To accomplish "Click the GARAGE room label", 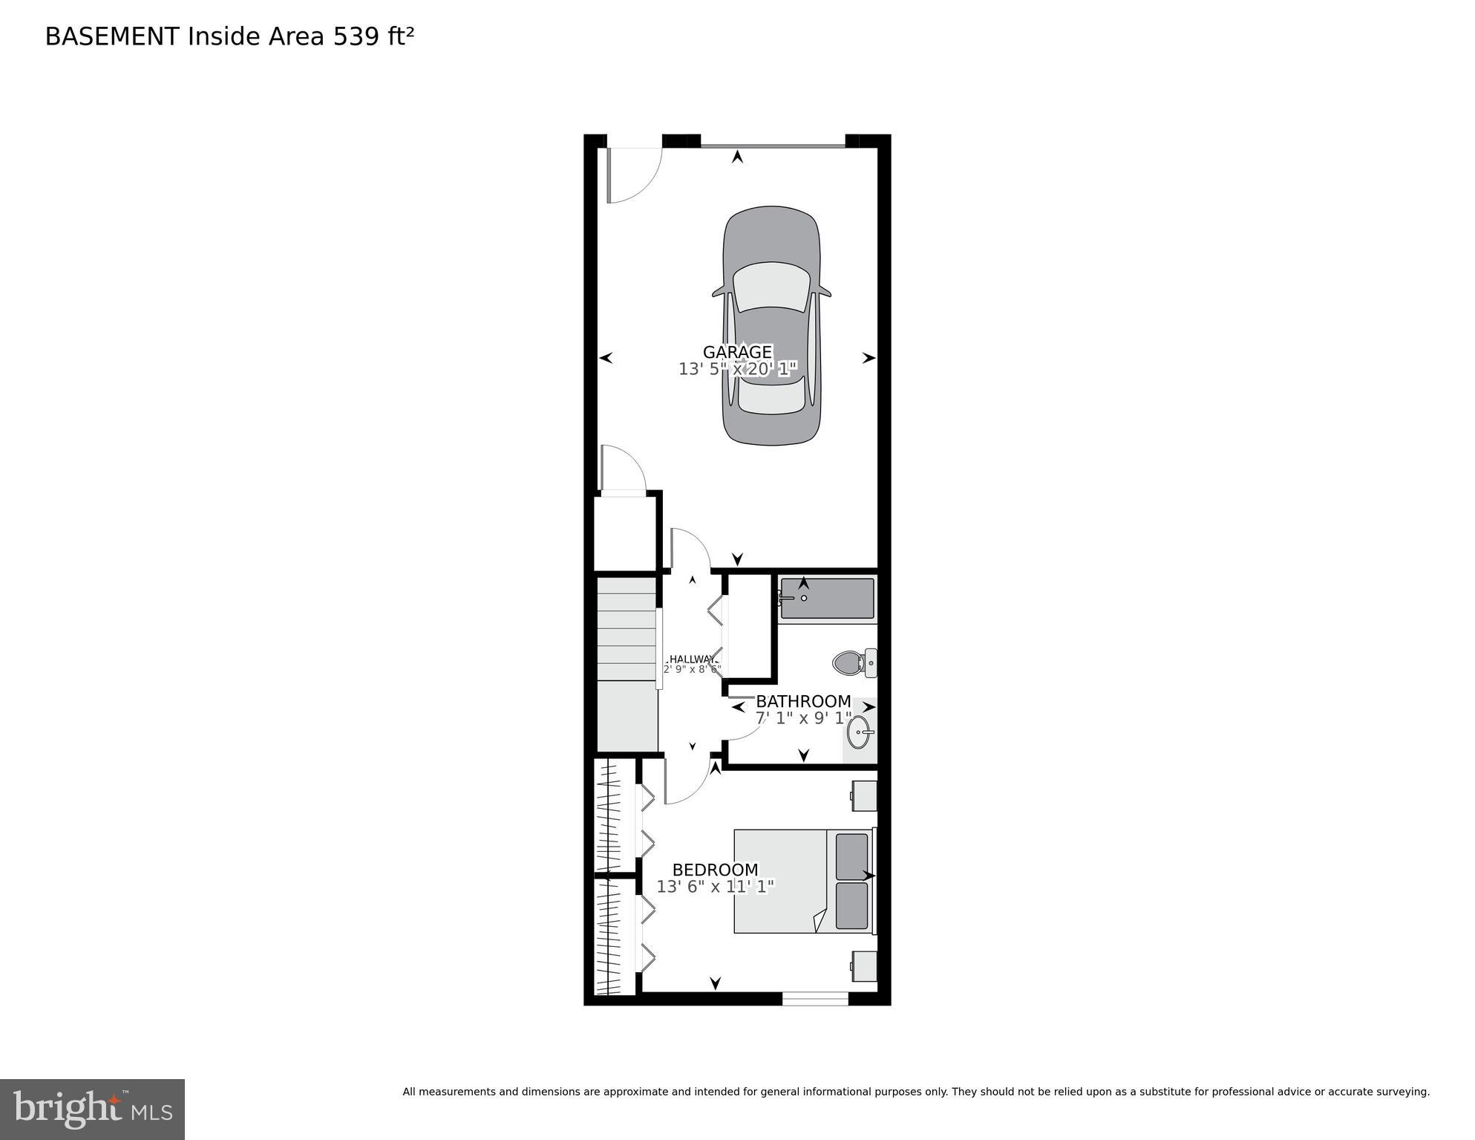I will coord(737,352).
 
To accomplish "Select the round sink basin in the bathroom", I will coord(859,732).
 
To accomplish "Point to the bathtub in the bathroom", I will coord(827,598).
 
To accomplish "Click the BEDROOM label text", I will coord(715,870).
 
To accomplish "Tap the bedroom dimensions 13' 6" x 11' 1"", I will coord(715,886).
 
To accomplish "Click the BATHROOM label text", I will coord(803,701).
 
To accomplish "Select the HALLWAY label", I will coord(691,659).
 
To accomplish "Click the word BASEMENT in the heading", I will coord(112,36).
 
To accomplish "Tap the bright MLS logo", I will coord(92,1109).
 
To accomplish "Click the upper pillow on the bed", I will coord(851,856).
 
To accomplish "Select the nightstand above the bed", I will coord(864,795).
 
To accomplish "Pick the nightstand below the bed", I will coord(864,966).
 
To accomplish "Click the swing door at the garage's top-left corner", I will coord(631,175).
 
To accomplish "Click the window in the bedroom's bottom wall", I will coord(815,999).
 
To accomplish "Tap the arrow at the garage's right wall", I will coord(869,358).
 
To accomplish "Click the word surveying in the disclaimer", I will coord(1404,1092).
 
